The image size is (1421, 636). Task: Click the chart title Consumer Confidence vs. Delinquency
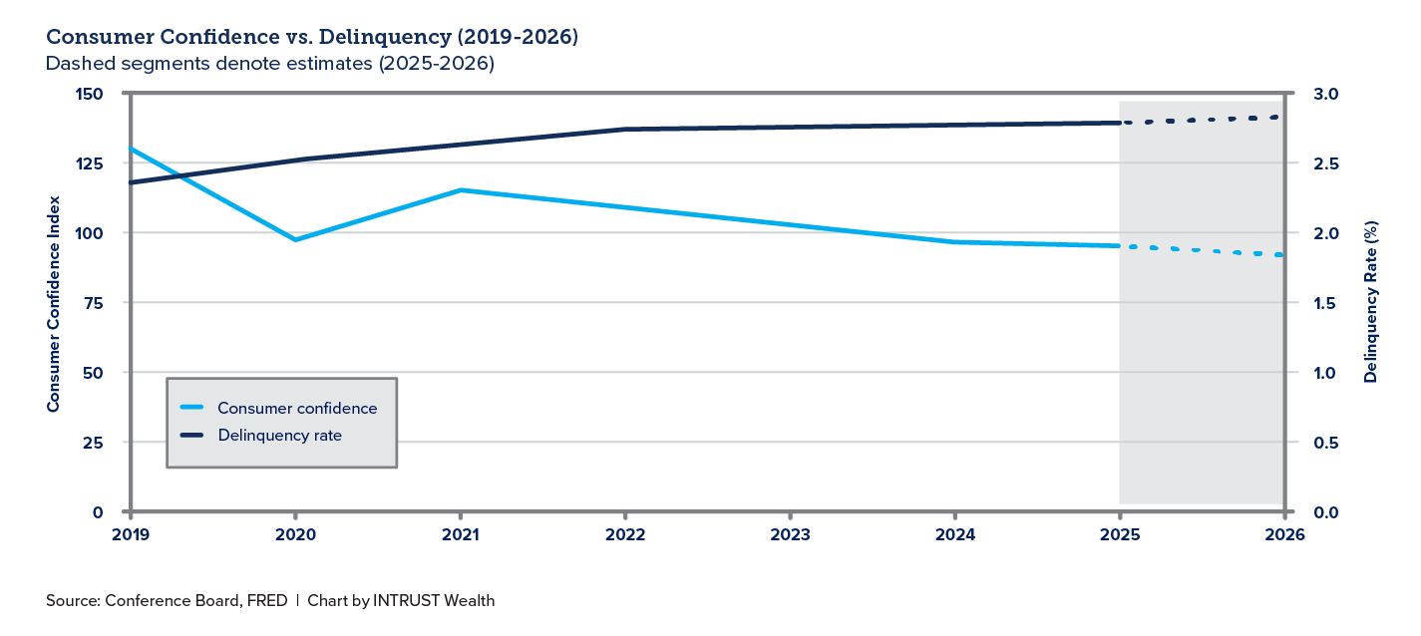pyautogui.click(x=312, y=38)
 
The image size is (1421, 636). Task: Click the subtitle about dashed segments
pyautogui.click(x=270, y=64)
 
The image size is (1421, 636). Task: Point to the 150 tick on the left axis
pyautogui.click(x=90, y=94)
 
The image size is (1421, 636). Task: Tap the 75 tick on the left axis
pyautogui.click(x=94, y=303)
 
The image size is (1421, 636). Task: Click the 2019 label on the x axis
pyautogui.click(x=130, y=533)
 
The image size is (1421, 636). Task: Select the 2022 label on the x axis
pyautogui.click(x=625, y=533)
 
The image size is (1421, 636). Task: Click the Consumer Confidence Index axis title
pyautogui.click(x=54, y=303)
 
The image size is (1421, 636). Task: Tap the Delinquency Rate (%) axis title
pyautogui.click(x=1371, y=303)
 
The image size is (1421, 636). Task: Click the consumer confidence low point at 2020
pyautogui.click(x=295, y=239)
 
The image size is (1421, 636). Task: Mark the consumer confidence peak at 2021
pyautogui.click(x=460, y=189)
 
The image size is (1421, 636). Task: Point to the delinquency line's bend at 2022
pyautogui.click(x=625, y=129)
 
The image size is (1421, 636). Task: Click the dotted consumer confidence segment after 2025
pyautogui.click(x=1203, y=250)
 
